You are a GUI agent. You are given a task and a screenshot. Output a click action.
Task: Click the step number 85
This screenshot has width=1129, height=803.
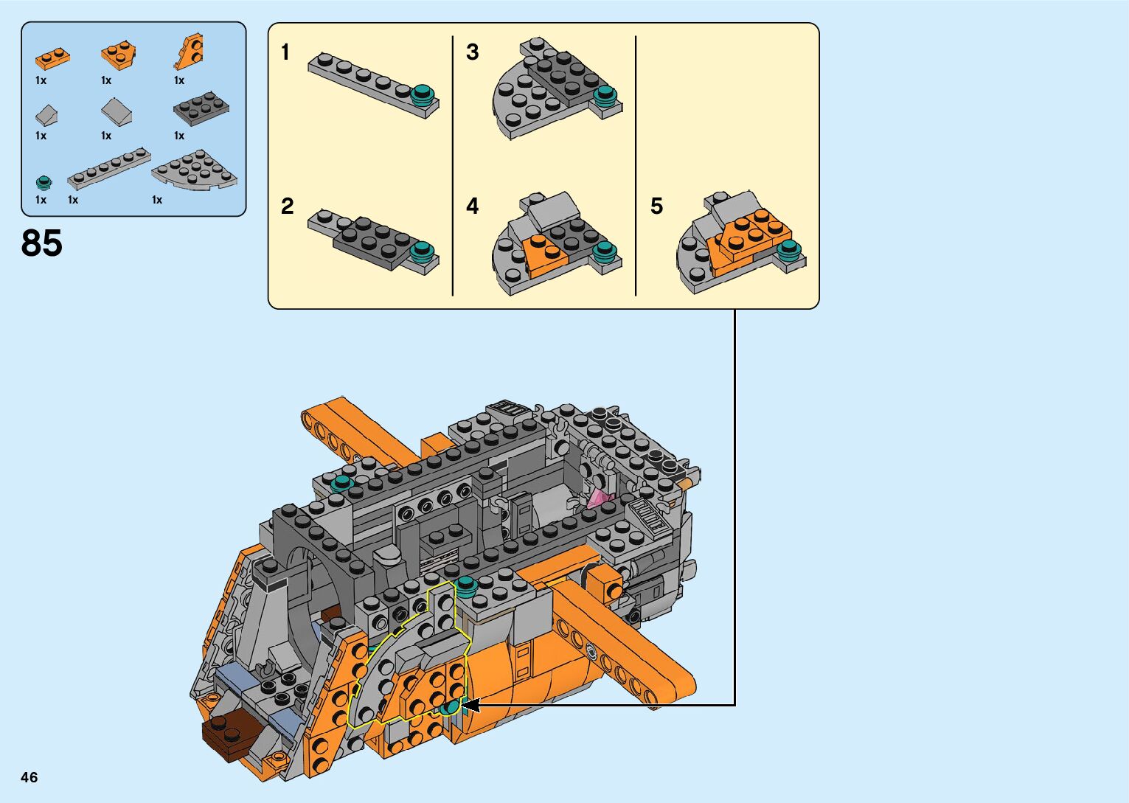42,243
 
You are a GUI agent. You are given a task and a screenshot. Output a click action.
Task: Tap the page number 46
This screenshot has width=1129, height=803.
29,777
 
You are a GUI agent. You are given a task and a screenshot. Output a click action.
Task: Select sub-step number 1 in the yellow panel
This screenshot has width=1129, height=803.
285,52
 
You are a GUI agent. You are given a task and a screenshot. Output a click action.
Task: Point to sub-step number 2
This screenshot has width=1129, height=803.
287,206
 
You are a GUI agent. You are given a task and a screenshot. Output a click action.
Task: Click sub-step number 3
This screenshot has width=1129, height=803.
472,52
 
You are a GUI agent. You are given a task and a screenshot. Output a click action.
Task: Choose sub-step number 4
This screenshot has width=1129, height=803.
472,206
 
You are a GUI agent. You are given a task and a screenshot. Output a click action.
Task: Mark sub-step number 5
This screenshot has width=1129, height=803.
656,206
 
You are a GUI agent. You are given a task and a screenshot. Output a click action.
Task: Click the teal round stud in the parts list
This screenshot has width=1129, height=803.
44,182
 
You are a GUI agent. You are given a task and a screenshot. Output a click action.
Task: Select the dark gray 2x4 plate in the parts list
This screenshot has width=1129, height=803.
201,109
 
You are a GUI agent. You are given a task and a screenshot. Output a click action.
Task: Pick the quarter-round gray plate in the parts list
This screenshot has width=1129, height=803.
195,170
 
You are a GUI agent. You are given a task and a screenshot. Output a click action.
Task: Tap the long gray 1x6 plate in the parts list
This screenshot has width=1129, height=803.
109,168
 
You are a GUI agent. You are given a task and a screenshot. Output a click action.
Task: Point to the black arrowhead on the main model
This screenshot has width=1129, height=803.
469,706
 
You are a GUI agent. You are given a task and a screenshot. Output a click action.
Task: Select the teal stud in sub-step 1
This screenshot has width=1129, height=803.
422,94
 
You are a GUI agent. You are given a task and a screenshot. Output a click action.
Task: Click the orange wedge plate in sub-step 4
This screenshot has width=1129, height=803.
544,251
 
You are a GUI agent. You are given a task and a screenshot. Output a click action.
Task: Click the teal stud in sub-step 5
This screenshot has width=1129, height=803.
789,248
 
